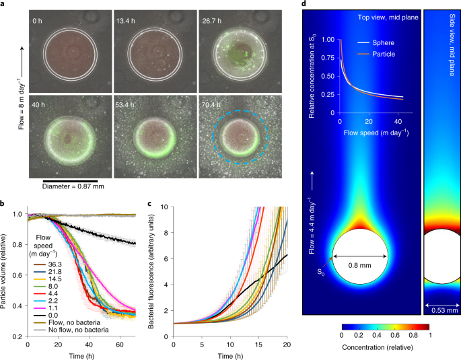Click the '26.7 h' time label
tap(212, 21)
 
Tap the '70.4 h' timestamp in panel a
tap(211, 104)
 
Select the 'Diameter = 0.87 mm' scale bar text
tap(73, 186)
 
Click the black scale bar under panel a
tap(70, 181)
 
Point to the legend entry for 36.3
tap(48, 264)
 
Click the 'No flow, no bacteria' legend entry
tap(71, 330)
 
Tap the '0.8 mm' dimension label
tap(359, 265)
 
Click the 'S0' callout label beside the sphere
tap(321, 272)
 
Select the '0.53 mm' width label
tap(445, 310)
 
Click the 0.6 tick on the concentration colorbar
tap(395, 335)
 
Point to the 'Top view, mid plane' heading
tap(388, 17)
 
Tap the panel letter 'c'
tap(149, 203)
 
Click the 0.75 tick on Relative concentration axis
tap(328, 58)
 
